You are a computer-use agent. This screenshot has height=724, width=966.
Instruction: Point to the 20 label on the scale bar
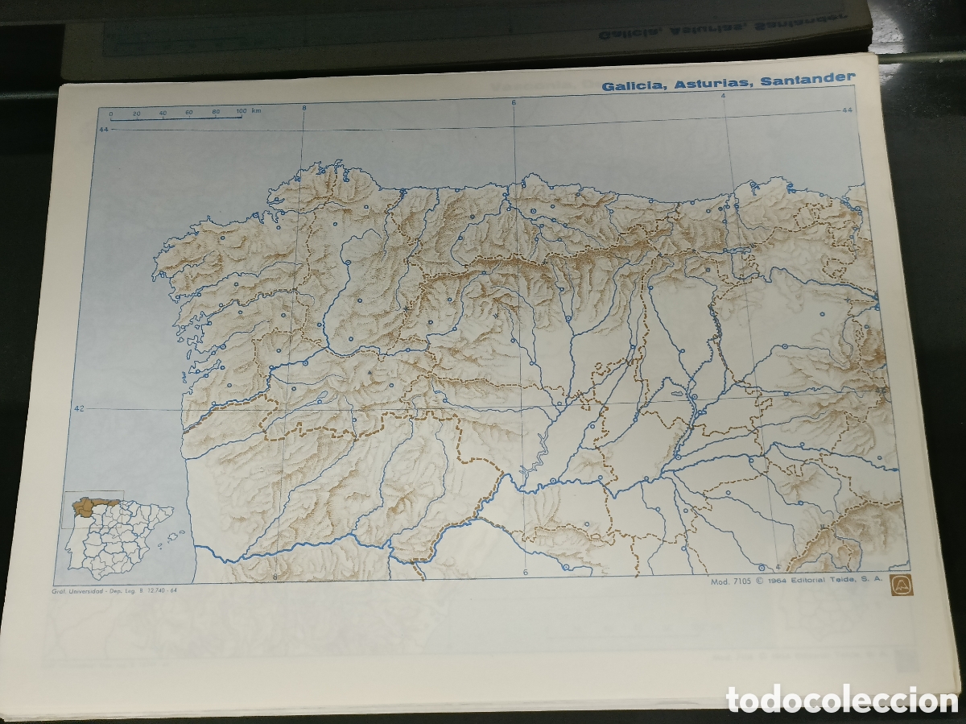coord(137,114)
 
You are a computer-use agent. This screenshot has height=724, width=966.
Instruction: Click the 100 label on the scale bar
coord(242,110)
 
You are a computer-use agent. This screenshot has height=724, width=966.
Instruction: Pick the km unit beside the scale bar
coord(257,110)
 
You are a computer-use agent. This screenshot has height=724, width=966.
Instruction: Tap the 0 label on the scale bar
coord(112,114)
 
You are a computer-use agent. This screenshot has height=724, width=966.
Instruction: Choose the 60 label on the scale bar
coord(189,112)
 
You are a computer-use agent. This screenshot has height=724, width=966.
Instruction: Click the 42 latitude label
coord(79,409)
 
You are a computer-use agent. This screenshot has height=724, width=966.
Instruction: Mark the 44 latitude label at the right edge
coord(846,110)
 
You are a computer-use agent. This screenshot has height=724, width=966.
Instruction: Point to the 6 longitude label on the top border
coord(513,102)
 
